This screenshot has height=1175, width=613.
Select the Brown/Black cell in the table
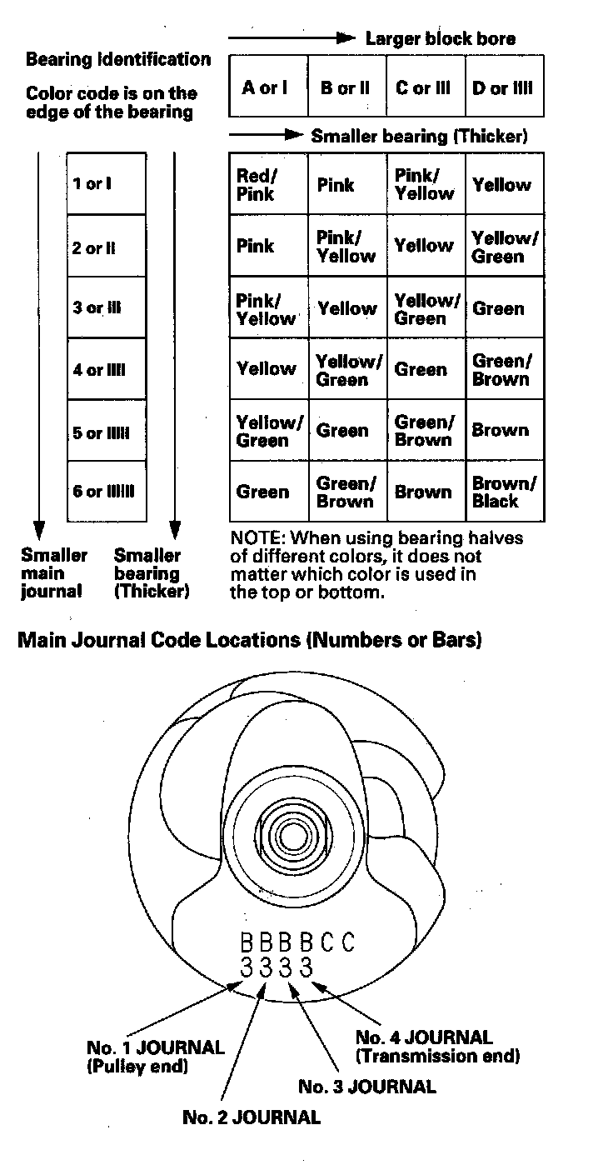click(505, 492)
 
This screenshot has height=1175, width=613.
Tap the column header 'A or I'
click(265, 87)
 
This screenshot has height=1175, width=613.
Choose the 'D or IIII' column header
click(502, 87)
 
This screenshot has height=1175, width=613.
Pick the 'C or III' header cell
click(424, 87)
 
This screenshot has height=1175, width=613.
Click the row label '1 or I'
click(92, 183)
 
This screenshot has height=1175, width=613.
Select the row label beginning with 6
click(103, 492)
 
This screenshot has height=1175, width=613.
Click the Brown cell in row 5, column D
click(501, 431)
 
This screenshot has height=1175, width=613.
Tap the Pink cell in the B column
click(336, 185)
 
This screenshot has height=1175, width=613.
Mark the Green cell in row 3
click(499, 308)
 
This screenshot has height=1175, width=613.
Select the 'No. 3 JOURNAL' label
click(366, 1087)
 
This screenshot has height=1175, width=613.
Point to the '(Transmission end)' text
click(437, 1056)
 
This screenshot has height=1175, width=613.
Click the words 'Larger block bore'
click(440, 38)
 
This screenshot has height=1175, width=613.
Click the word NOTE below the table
click(255, 538)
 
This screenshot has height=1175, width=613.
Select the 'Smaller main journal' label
click(52, 573)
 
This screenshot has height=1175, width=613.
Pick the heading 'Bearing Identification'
click(118, 60)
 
